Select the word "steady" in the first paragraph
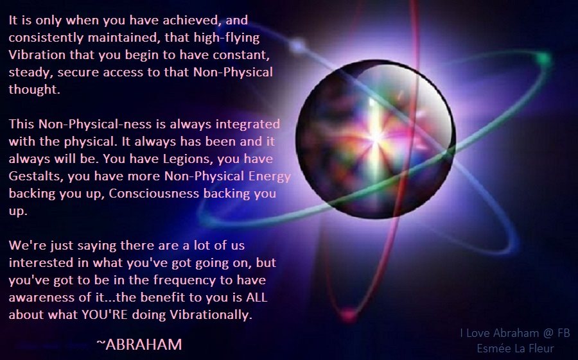(x=31, y=73)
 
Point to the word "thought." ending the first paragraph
(x=34, y=90)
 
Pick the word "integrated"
(x=248, y=124)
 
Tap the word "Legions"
(x=186, y=159)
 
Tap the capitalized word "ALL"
(x=256, y=297)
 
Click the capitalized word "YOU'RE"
(x=105, y=314)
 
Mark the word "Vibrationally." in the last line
(x=211, y=314)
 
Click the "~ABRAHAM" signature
(x=139, y=345)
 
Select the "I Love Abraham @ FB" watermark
(x=515, y=333)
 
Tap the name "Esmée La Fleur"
(x=515, y=348)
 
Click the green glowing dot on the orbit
(x=543, y=58)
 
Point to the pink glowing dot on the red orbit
(x=347, y=314)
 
